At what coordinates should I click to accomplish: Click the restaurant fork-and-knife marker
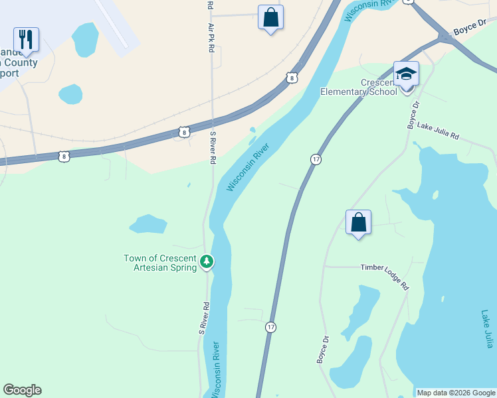tap(26, 39)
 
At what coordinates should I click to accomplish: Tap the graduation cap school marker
tap(406, 74)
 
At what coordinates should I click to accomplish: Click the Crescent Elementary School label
tap(359, 87)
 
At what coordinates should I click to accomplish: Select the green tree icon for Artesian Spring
tap(207, 262)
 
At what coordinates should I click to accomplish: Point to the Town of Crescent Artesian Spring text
tap(160, 262)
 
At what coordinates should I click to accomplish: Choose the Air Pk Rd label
tap(211, 39)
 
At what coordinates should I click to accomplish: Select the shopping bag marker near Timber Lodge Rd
tap(358, 222)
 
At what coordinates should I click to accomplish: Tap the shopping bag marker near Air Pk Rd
tap(270, 17)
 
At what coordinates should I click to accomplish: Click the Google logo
tap(22, 390)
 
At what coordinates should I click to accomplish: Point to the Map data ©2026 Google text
tap(456, 393)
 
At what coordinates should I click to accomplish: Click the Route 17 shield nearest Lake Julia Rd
tap(316, 159)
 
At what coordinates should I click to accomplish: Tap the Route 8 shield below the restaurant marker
tap(63, 156)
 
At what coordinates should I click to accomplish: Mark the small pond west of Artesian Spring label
tap(148, 224)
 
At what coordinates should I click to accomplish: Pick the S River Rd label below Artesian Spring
tap(205, 318)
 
